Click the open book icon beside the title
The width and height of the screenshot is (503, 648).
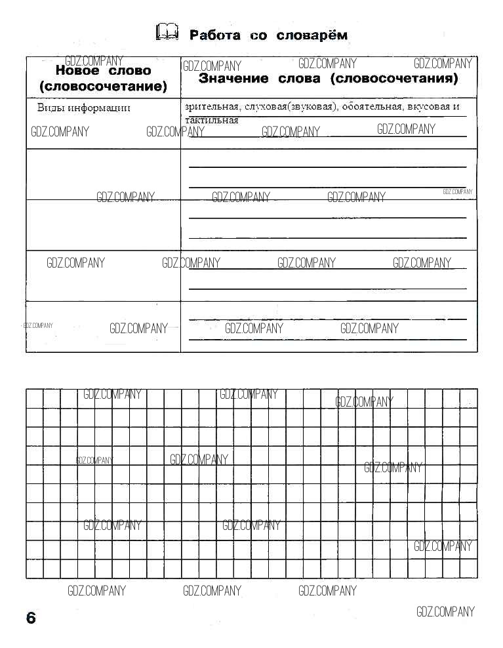[167, 32]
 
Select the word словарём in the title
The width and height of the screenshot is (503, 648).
[312, 35]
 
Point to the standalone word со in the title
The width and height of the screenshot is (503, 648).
[258, 35]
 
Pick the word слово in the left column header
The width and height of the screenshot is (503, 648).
[129, 71]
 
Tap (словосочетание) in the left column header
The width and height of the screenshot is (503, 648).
[103, 86]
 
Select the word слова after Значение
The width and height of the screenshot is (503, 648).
[299, 79]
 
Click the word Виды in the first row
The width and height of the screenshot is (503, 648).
[50, 108]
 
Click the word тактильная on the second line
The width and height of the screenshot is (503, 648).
[212, 120]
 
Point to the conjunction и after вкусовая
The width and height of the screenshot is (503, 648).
[456, 107]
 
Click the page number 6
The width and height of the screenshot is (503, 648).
[31, 618]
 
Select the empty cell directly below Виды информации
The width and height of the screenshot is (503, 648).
[103, 174]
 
